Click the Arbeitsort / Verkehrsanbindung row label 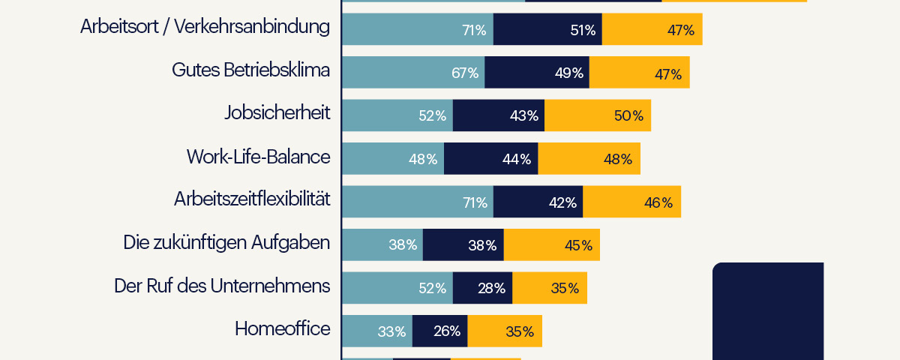pyautogui.click(x=205, y=27)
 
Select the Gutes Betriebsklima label pyautogui.click(x=250, y=70)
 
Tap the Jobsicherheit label pyautogui.click(x=277, y=114)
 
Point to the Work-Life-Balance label pyautogui.click(x=258, y=157)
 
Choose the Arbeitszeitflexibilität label pyautogui.click(x=252, y=200)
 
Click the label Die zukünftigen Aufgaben pyautogui.click(x=226, y=243)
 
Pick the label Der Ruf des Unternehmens pyautogui.click(x=222, y=286)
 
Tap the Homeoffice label pyautogui.click(x=282, y=329)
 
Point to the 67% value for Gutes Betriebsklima pyautogui.click(x=465, y=73)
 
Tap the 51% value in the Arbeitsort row pyautogui.click(x=582, y=30)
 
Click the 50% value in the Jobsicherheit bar pyautogui.click(x=628, y=115)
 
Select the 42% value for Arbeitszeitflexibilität pyautogui.click(x=562, y=202)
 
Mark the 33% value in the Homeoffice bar pyautogui.click(x=391, y=331)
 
